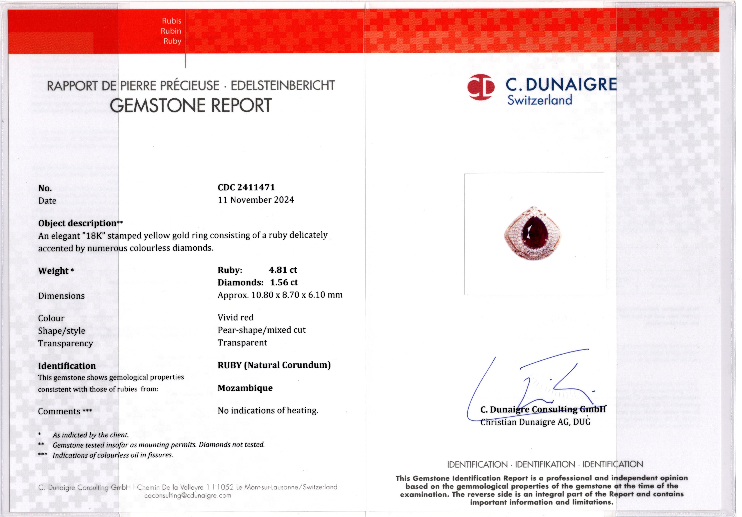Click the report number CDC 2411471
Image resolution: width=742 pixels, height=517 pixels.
click(246, 188)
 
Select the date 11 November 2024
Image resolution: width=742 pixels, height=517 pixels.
click(256, 200)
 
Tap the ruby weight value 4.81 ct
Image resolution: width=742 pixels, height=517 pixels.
click(283, 270)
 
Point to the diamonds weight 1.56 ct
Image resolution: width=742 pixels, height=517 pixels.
click(284, 282)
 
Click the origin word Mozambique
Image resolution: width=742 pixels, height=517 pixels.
click(245, 388)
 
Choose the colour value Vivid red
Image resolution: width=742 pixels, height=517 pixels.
click(236, 317)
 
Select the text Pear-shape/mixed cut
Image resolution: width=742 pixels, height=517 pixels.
click(262, 330)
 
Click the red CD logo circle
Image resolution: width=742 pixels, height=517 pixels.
click(480, 87)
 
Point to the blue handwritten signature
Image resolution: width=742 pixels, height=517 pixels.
click(530, 384)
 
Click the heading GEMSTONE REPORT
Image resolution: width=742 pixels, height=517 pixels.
click(191, 106)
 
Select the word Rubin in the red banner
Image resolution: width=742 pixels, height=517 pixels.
click(171, 31)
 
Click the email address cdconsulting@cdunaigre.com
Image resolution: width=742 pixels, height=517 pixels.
click(188, 496)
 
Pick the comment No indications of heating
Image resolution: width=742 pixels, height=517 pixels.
click(268, 410)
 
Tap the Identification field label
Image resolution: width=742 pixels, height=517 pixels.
click(67, 366)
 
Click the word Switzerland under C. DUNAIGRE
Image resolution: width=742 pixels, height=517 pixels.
click(539, 100)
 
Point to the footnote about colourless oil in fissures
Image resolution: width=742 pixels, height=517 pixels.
click(113, 455)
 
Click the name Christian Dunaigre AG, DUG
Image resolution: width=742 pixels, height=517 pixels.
click(535, 422)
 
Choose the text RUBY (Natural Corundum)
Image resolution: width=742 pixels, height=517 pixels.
click(274, 365)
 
